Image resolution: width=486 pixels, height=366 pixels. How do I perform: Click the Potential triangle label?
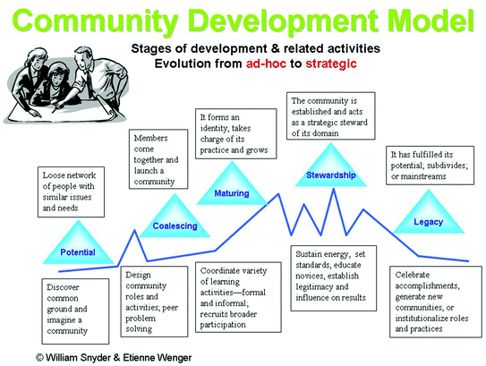[78, 252]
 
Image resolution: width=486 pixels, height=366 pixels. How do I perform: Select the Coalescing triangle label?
[175, 226]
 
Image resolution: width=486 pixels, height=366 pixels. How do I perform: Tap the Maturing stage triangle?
[232, 183]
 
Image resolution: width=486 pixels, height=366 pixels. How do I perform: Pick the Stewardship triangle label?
[331, 175]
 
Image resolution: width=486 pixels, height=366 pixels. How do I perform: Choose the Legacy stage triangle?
[429, 211]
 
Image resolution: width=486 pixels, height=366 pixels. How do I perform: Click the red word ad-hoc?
[266, 64]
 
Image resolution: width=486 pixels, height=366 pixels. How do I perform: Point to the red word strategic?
[331, 64]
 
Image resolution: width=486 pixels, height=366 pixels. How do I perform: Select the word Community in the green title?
[95, 21]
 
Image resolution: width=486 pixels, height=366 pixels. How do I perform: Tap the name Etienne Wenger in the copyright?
[158, 358]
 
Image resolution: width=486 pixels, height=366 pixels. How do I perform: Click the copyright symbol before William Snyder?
[39, 358]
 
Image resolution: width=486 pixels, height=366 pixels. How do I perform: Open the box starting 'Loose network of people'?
[71, 192]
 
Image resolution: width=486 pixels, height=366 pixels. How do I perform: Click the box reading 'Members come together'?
[158, 159]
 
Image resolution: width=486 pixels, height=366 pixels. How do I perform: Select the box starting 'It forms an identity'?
[236, 133]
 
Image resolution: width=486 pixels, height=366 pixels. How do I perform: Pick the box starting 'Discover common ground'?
[75, 311]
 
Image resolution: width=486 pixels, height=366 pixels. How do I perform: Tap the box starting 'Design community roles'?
[154, 302]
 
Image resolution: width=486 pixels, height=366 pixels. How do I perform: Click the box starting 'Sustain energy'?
[334, 278]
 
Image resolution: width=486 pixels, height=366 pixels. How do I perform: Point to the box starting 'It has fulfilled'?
[430, 166]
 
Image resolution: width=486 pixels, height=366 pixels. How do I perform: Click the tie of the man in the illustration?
[89, 84]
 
